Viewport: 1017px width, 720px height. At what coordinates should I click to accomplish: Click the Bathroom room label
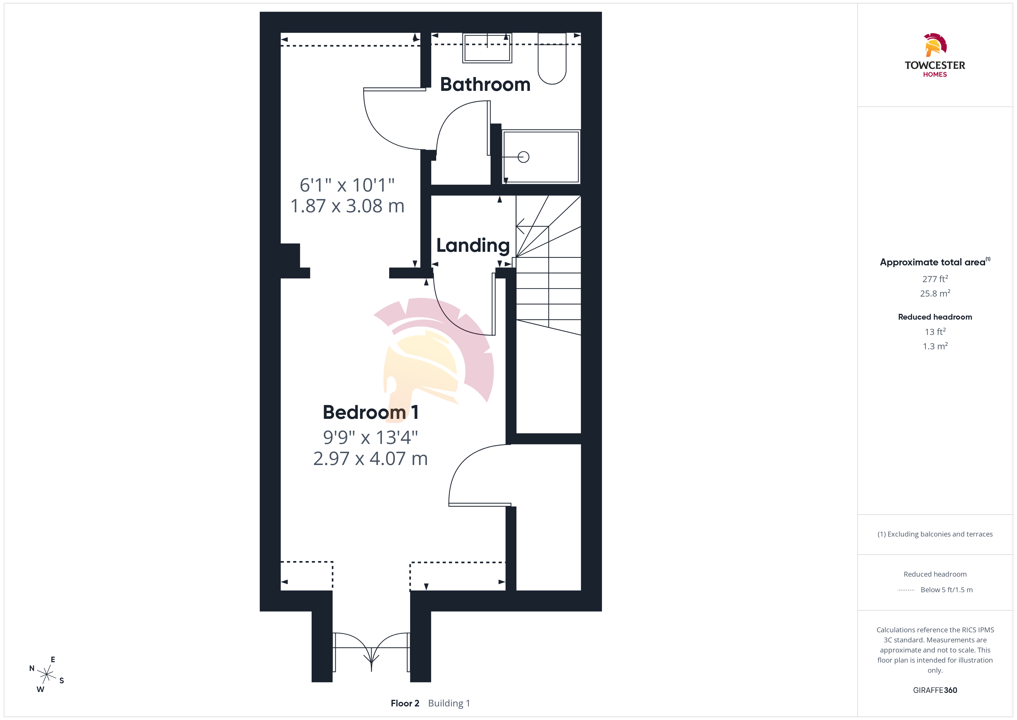(x=485, y=84)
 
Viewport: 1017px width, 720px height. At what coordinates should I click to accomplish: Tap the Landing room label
(x=473, y=245)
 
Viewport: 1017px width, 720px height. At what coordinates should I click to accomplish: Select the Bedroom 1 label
(x=371, y=412)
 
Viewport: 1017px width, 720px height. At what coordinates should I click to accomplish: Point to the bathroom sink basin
(x=487, y=48)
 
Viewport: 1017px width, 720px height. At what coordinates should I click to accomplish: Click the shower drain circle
(x=523, y=157)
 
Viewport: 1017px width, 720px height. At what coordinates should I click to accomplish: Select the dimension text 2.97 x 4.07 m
(x=371, y=458)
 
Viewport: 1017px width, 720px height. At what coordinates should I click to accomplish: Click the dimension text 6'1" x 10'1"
(x=347, y=185)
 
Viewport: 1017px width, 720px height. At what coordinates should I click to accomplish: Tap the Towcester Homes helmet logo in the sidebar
(x=935, y=45)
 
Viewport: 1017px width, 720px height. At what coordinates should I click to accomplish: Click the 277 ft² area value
(x=935, y=279)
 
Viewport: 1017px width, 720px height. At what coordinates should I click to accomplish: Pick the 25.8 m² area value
(x=935, y=293)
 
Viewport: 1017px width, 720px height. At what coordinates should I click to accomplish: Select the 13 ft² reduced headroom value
(x=935, y=332)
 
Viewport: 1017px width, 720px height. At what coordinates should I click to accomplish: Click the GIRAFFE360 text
(x=935, y=690)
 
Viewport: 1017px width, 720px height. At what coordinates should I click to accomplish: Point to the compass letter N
(x=32, y=668)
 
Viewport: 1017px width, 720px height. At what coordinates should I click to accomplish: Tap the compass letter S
(x=62, y=680)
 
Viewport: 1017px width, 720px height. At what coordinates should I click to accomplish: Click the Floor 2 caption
(x=405, y=703)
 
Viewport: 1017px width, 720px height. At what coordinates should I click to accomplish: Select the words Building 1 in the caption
(x=449, y=703)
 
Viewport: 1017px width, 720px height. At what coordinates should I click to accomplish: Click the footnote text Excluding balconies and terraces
(x=940, y=534)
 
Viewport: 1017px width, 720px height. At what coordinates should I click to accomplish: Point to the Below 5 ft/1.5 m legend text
(x=947, y=590)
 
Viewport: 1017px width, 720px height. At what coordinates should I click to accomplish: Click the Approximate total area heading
(x=933, y=262)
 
